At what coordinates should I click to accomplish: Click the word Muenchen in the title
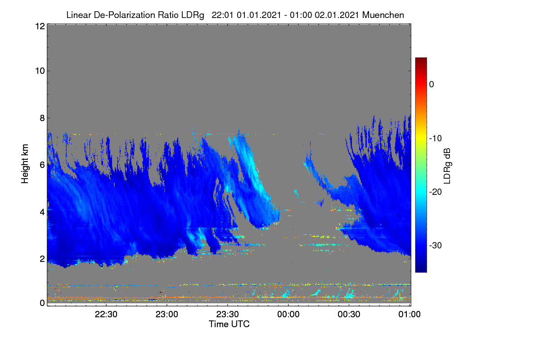coord(383,15)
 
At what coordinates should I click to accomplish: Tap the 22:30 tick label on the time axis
coord(106,314)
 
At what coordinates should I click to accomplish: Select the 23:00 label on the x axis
coord(167,314)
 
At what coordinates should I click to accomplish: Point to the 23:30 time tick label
coord(228,314)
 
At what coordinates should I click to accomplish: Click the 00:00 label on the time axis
coord(288,314)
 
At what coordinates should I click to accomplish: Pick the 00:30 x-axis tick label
coord(349,314)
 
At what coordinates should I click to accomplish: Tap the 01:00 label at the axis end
coord(409,314)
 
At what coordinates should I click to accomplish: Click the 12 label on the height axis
coord(40,26)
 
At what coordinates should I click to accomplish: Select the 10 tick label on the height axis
coord(40,71)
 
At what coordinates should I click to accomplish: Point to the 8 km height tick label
coord(42,118)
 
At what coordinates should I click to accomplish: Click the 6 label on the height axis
coord(42,165)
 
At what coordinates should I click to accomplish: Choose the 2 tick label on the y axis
coord(42,259)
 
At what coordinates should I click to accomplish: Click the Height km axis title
coord(25,164)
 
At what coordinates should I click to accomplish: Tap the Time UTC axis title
coord(229,324)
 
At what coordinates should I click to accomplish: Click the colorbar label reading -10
coord(436,139)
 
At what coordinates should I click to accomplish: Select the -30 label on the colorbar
coord(436,245)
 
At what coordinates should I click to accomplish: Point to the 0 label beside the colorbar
coord(432,85)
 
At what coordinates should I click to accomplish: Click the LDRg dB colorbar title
coord(447,166)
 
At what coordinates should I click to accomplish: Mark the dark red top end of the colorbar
coord(421,58)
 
